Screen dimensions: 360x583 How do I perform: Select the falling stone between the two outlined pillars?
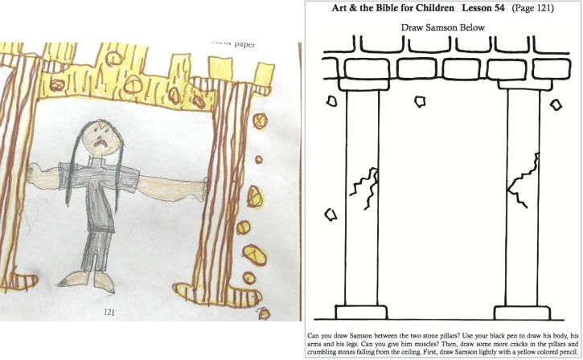click(419, 102)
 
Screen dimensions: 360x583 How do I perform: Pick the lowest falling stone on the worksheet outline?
click(329, 215)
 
